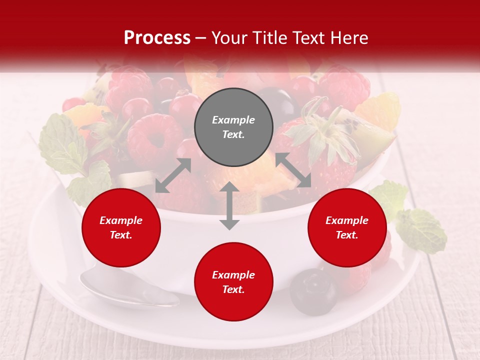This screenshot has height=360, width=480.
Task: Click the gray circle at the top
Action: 233,127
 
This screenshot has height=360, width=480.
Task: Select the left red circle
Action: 121,228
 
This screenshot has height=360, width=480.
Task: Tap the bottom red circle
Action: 233,282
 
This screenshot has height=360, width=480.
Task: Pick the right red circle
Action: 347,228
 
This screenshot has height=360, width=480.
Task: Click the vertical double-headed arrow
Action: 229,205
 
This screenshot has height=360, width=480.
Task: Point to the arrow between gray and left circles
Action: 173,175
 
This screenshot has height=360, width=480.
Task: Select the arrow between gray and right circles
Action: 293,170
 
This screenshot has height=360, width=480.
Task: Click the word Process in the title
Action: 157,37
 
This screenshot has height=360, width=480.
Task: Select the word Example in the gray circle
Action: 233,120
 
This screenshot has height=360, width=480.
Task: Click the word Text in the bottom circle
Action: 233,289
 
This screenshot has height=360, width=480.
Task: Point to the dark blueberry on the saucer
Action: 314,292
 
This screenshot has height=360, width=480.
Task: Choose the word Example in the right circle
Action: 347,220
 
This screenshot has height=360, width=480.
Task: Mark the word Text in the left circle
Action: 120,235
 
